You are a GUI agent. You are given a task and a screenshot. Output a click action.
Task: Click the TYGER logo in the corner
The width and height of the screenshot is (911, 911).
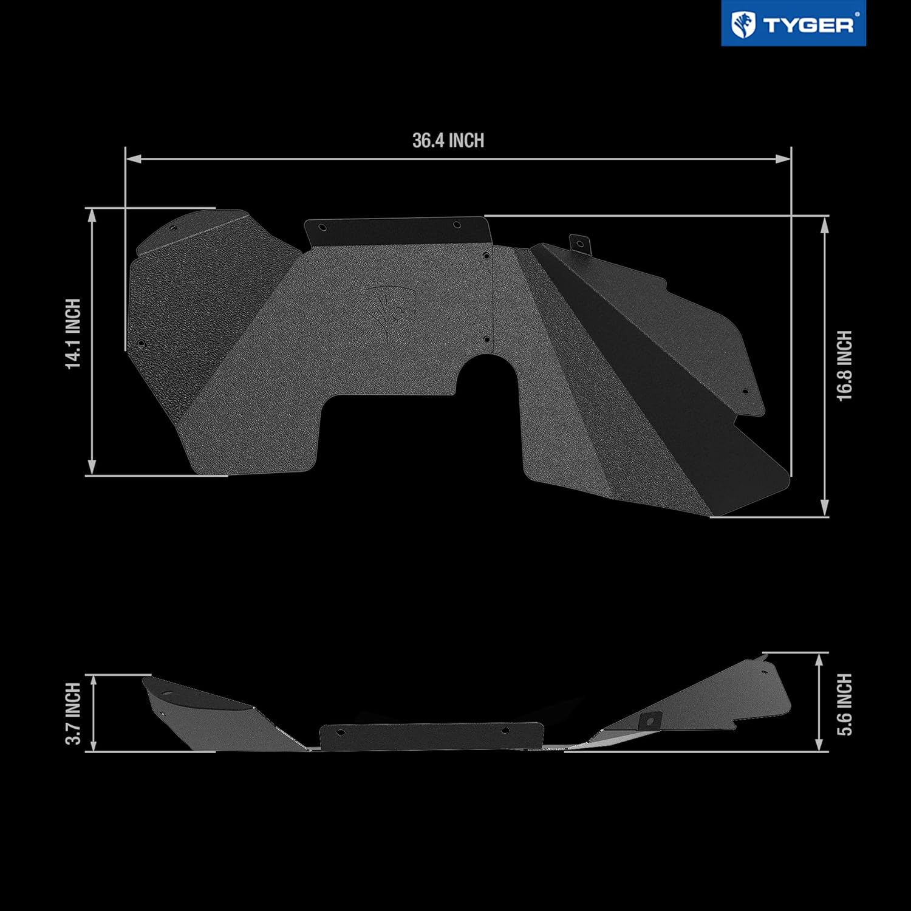pos(793,24)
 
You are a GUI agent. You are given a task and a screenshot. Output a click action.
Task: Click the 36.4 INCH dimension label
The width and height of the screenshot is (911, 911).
pos(448,141)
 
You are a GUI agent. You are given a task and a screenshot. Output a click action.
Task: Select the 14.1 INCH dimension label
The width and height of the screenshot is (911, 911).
pos(73,333)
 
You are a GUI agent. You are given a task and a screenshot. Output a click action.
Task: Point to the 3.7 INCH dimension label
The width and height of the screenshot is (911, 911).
pos(73,713)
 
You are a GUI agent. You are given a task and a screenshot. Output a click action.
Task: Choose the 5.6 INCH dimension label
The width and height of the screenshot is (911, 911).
pos(844,704)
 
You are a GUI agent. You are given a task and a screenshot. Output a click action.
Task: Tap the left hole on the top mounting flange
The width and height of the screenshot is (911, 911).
pos(322,228)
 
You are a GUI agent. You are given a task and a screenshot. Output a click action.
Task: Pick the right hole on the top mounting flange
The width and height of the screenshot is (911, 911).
pos(457,225)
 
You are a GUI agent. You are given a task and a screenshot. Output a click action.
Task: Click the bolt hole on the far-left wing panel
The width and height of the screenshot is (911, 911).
pos(142,344)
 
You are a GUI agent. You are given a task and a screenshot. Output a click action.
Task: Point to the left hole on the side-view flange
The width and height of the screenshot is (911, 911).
pos(340,732)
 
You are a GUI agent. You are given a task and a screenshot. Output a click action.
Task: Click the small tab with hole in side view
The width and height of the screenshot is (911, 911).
pos(649,720)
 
